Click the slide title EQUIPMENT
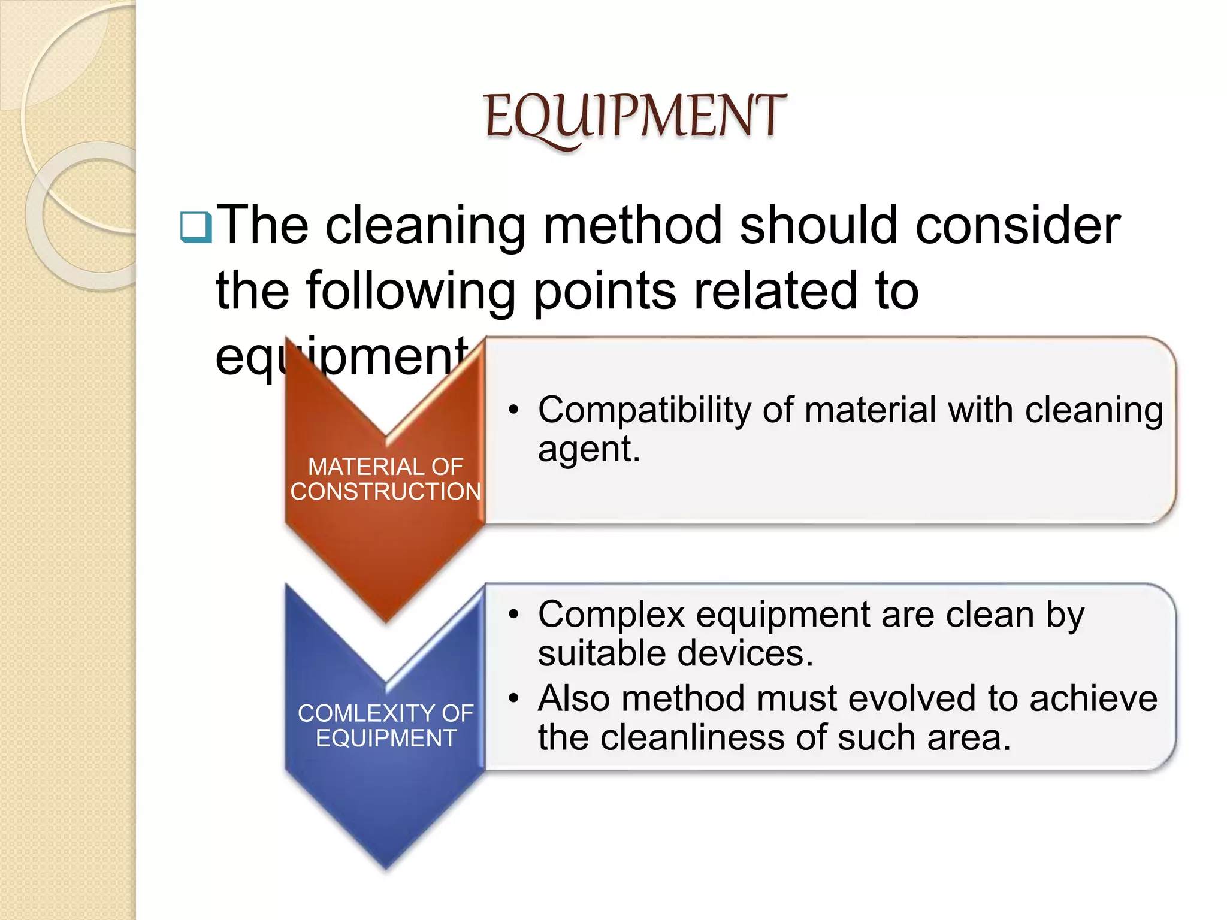point(634,117)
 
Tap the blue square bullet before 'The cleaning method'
point(196,228)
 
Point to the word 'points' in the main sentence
point(605,292)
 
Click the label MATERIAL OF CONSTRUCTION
point(386,479)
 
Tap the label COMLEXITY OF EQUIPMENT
point(386,725)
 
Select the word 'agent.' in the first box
point(589,449)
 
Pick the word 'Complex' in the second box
point(611,615)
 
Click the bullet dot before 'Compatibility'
point(513,411)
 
